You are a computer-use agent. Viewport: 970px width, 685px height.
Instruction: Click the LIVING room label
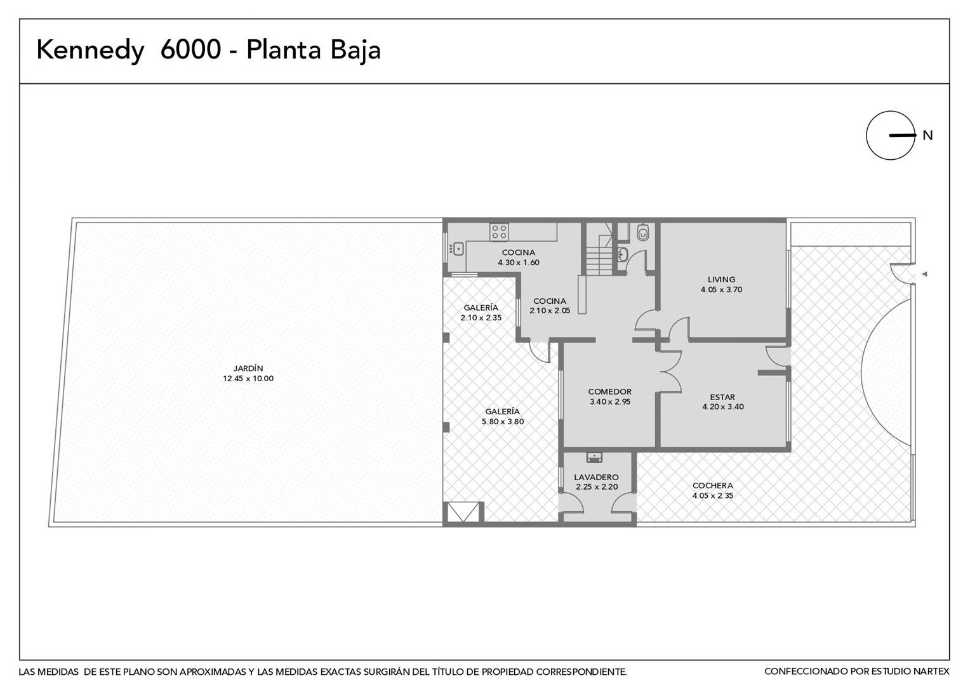coord(721,280)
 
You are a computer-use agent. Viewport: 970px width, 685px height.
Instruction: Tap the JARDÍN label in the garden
coord(248,369)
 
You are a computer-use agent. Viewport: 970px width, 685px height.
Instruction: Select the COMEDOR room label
coord(609,391)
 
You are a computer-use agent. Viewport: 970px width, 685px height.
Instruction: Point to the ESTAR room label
coord(722,397)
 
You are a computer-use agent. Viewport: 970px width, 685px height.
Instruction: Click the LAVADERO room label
coord(596,477)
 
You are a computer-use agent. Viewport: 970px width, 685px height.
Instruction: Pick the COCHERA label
coord(713,485)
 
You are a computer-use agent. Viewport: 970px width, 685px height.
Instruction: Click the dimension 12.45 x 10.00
coord(248,379)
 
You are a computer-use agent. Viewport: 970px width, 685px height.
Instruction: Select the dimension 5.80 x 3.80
coord(503,422)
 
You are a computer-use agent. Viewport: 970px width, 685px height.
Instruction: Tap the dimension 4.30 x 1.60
coord(519,262)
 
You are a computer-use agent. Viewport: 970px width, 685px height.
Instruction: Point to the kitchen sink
coord(456,249)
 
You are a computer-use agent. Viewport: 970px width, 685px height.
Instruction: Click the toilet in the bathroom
coord(643,233)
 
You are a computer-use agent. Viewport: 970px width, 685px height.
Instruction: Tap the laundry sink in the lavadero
coord(594,457)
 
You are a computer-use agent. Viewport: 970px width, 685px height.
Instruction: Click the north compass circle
coord(890,136)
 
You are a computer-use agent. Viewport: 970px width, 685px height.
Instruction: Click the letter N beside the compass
coord(927,136)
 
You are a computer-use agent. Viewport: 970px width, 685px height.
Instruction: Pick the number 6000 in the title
coord(190,49)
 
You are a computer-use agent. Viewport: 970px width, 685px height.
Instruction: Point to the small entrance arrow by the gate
coord(924,274)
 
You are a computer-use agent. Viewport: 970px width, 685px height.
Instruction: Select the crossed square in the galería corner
coord(463,512)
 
